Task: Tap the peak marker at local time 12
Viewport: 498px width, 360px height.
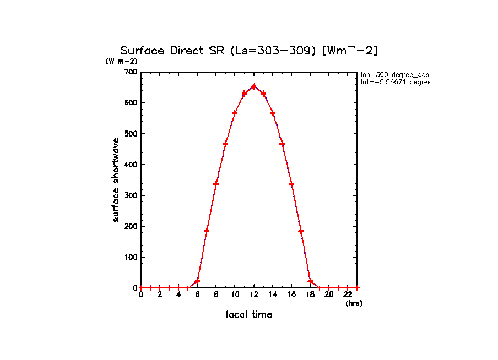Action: [253, 86]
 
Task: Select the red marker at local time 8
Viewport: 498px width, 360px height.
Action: [216, 183]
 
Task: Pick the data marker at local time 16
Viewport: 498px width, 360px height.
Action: [291, 184]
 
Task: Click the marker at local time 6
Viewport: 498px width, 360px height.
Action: [197, 281]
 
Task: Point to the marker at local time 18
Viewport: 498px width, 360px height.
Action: [310, 281]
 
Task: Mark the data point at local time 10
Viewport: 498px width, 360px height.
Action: [235, 112]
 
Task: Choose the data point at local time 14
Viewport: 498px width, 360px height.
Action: [272, 113]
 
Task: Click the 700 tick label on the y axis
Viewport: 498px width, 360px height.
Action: [131, 72]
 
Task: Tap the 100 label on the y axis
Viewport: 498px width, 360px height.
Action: [131, 257]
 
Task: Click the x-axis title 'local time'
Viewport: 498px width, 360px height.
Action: [249, 315]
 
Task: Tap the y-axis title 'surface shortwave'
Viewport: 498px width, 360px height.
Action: [116, 180]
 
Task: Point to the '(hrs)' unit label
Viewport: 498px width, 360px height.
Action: [354, 303]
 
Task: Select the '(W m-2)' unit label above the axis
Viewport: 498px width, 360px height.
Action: [121, 61]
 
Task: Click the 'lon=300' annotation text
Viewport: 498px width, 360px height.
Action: [394, 74]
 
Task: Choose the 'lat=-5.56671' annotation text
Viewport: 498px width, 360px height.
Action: [394, 82]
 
